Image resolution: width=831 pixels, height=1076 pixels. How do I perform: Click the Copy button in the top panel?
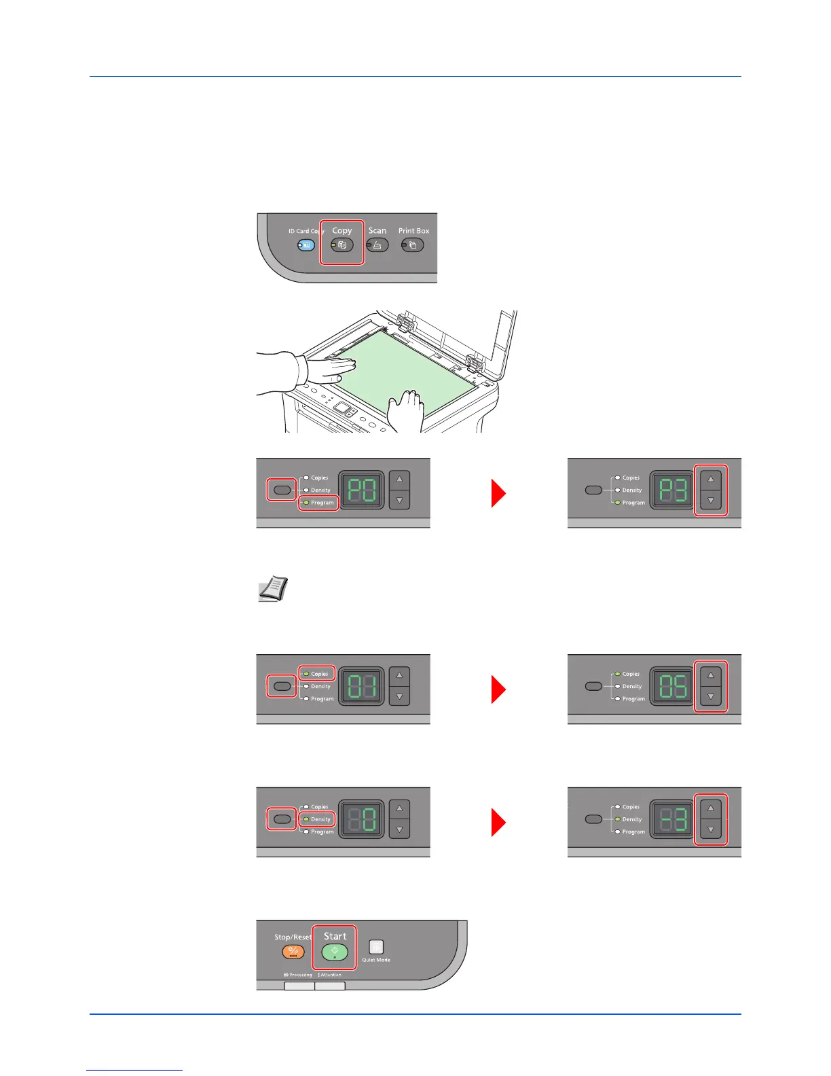click(342, 245)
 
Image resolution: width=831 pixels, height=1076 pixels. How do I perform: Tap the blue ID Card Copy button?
click(306, 245)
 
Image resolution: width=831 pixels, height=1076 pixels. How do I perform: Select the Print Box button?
click(413, 245)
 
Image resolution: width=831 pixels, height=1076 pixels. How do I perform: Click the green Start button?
click(335, 952)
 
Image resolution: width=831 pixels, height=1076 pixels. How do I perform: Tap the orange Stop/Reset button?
click(293, 952)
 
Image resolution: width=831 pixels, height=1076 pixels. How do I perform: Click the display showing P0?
click(361, 490)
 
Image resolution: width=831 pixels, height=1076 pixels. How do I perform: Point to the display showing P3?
click(672, 490)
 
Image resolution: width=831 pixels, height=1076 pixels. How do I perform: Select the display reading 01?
click(361, 686)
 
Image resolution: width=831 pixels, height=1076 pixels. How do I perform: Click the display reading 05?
click(672, 686)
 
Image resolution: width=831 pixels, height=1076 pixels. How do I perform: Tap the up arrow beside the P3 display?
click(711, 479)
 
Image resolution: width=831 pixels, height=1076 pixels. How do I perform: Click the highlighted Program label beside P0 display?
click(322, 503)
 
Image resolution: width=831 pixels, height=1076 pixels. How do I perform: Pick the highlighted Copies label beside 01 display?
click(319, 674)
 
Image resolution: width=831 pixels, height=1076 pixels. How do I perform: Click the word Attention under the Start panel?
click(331, 975)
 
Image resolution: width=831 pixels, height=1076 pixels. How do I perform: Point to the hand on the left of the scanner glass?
click(319, 370)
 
